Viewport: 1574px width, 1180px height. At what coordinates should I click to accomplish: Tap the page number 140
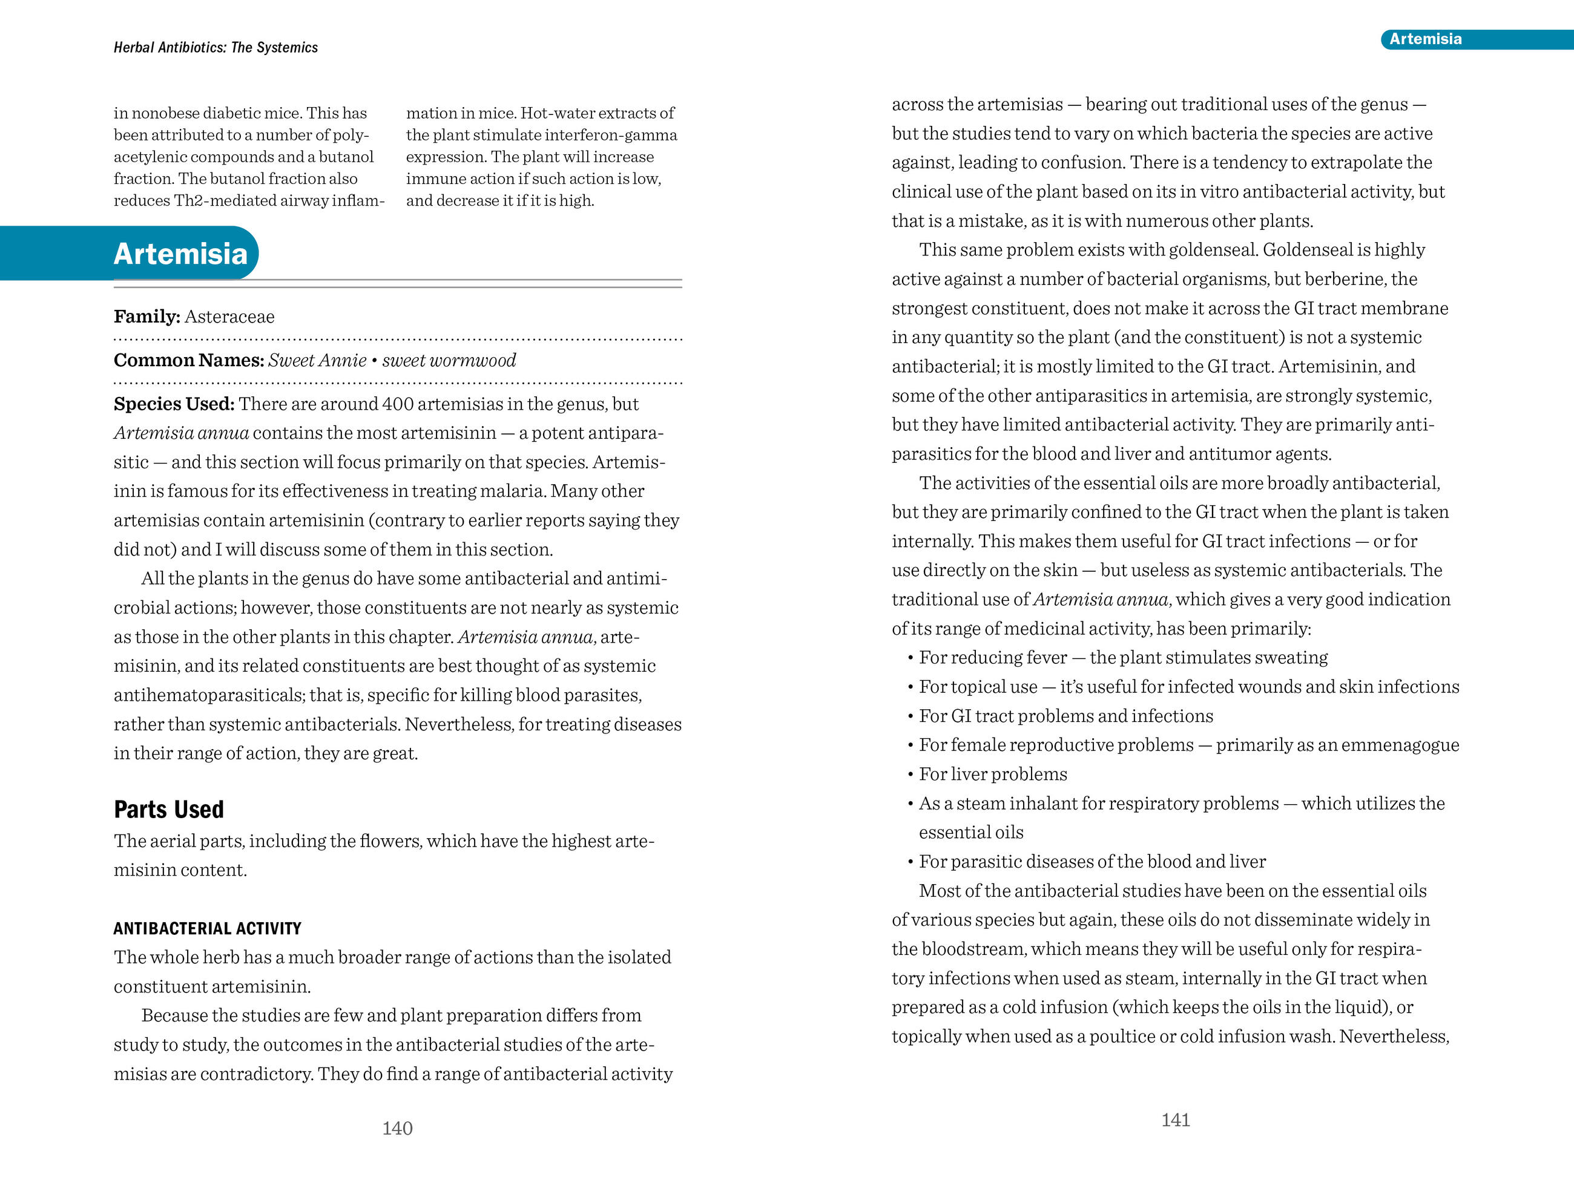pyautogui.click(x=397, y=1128)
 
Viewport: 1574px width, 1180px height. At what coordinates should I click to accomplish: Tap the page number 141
pyautogui.click(x=1176, y=1120)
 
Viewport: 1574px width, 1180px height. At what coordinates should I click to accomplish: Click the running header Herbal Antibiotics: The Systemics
pyautogui.click(x=216, y=48)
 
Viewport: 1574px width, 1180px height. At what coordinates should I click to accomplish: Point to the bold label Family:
pyautogui.click(x=147, y=316)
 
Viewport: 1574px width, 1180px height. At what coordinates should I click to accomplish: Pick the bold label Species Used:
pyautogui.click(x=174, y=404)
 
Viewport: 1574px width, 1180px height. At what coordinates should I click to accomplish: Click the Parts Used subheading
pyautogui.click(x=169, y=810)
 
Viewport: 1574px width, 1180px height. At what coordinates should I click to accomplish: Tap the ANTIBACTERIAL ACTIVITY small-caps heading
pyautogui.click(x=207, y=928)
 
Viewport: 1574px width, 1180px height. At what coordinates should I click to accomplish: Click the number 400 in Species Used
pyautogui.click(x=398, y=404)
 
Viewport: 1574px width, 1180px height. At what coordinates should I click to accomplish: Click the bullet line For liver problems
pyautogui.click(x=993, y=774)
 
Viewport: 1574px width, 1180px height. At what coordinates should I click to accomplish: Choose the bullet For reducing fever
pyautogui.click(x=993, y=657)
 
